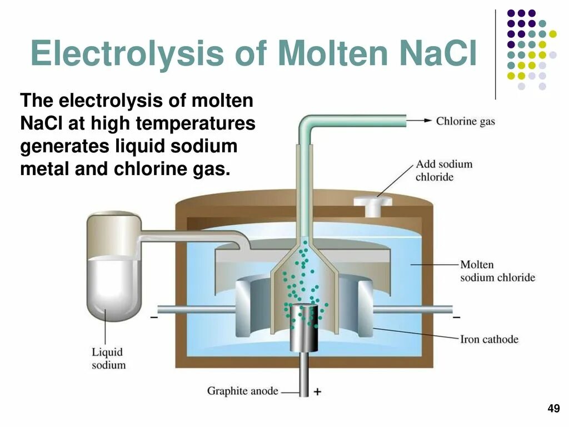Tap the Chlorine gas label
(x=465, y=121)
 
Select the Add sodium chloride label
(x=443, y=171)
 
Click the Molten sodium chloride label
(x=497, y=271)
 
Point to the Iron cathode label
(x=489, y=339)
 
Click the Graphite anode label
(x=242, y=391)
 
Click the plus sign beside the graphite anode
(x=317, y=391)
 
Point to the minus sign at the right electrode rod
(x=456, y=317)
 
